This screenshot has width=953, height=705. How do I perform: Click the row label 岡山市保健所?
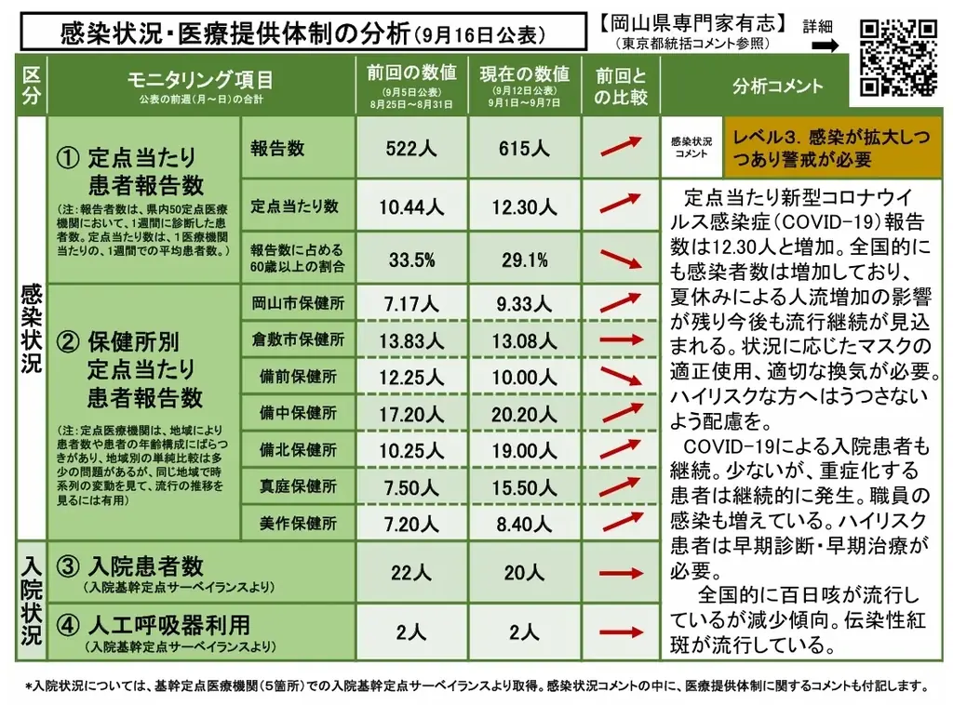click(298, 303)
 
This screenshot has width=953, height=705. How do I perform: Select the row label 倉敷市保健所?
click(298, 339)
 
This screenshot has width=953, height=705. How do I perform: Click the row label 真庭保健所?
click(298, 486)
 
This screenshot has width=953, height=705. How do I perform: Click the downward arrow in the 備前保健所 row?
click(621, 376)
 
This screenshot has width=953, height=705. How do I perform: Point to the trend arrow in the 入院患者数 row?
click(621, 573)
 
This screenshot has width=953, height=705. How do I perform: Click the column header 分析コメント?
click(778, 86)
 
